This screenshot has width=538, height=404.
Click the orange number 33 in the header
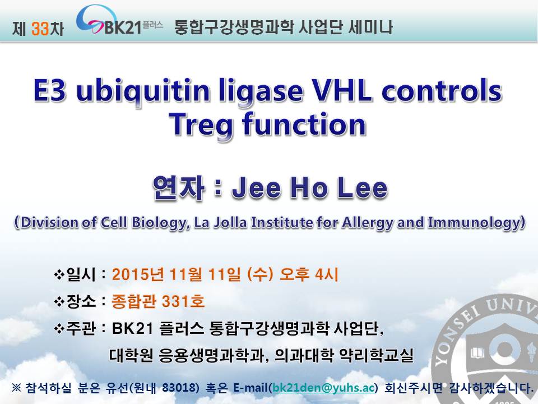(40, 28)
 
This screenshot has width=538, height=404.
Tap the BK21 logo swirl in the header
(90, 21)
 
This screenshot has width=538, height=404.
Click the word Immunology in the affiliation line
(472, 223)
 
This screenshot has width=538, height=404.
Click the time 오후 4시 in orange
(309, 274)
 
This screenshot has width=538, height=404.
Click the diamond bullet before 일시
(59, 275)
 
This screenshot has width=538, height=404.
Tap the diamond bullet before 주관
(59, 329)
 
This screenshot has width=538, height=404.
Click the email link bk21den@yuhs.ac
(323, 388)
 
